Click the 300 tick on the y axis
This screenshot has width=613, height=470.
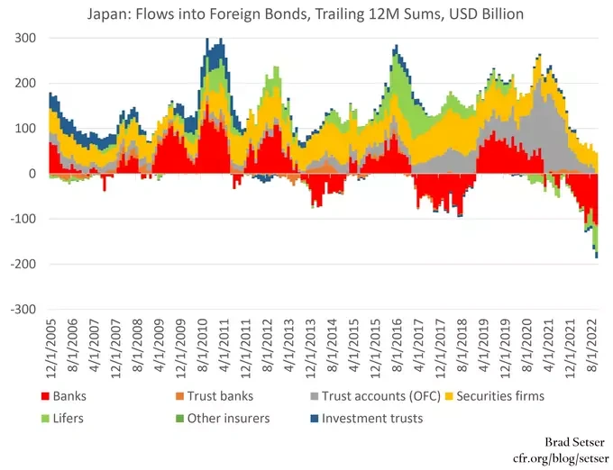[25, 39]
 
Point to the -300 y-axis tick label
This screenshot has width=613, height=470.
[23, 310]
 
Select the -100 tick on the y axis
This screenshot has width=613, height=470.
[23, 219]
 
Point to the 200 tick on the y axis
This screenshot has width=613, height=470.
[25, 84]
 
